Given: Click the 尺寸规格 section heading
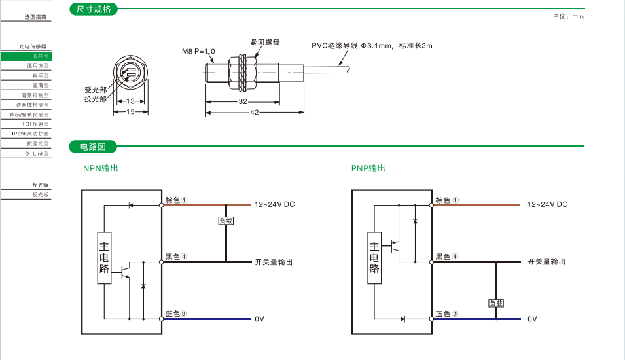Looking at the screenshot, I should (94, 10).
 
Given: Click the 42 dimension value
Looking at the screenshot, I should (255, 113).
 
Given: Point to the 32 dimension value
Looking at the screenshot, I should (243, 102).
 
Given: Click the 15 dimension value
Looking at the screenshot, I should (130, 112).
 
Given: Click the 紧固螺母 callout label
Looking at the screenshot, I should (265, 41).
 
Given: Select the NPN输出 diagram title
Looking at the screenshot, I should (101, 168).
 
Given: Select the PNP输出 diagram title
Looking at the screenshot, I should (368, 168).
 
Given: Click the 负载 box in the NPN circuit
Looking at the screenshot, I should (226, 221).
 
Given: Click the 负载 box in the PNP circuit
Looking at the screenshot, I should (496, 303).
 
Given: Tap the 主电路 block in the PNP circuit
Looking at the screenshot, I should (374, 257).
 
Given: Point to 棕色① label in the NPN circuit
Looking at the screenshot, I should (176, 200).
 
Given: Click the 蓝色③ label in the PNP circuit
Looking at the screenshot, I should (446, 314).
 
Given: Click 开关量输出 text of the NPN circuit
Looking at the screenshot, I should (274, 262).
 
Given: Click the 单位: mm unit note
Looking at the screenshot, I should (567, 16).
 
